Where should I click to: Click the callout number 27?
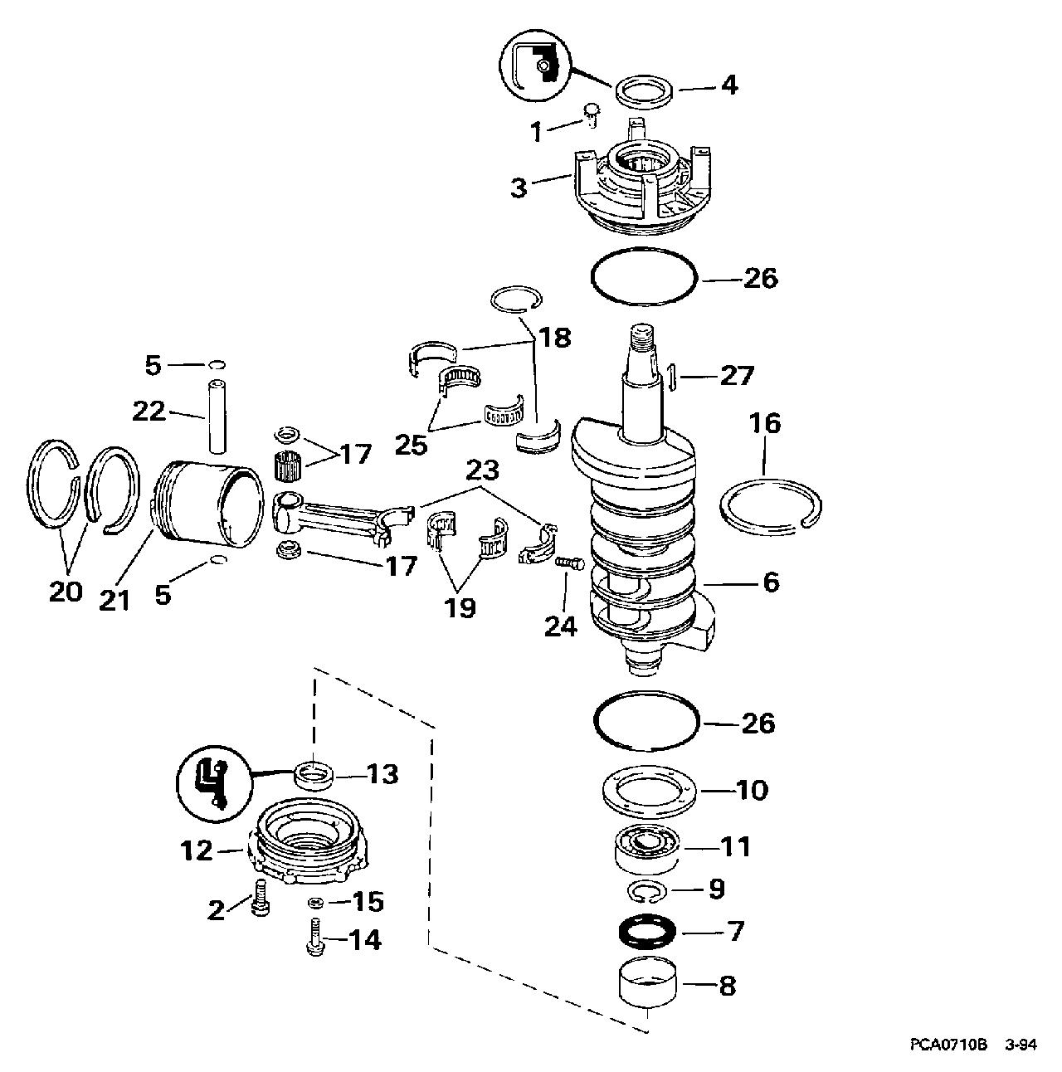[737, 376]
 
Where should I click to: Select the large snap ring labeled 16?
[771, 507]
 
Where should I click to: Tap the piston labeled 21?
[207, 502]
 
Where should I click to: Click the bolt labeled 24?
[570, 563]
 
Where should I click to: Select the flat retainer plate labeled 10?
[650, 792]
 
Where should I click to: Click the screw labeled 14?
[315, 938]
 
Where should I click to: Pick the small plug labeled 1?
[589, 115]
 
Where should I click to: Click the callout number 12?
[197, 850]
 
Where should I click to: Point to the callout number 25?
[412, 445]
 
